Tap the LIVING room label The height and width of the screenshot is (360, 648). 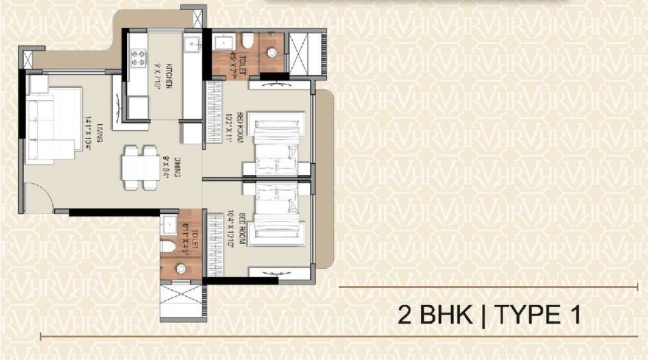pos(100,129)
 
